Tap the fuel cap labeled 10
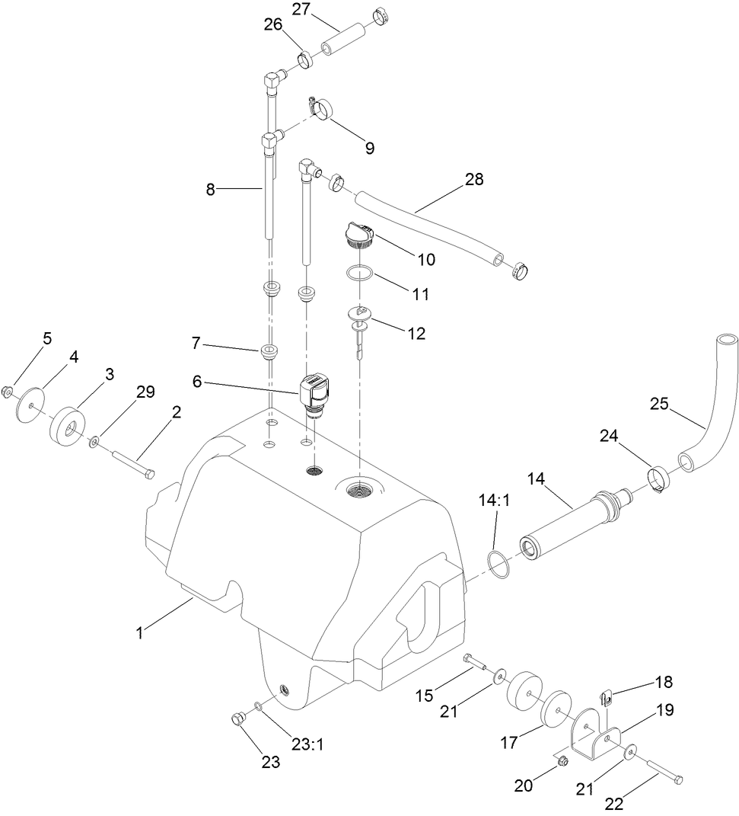pos(356,235)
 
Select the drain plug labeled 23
pos(237,718)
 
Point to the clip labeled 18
pos(607,695)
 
